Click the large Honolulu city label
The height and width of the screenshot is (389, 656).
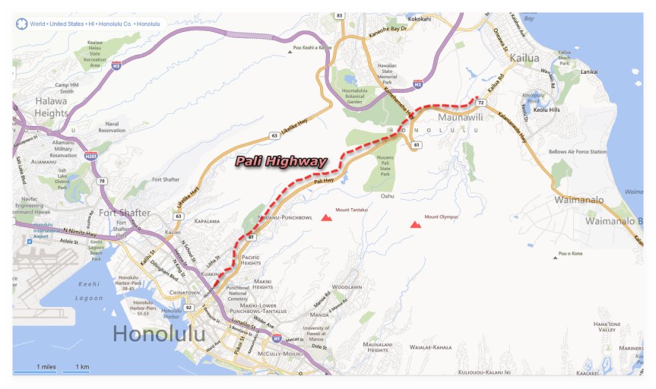tap(159, 334)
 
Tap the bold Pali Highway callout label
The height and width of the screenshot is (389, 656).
tap(280, 161)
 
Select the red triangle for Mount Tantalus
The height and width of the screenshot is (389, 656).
tap(326, 217)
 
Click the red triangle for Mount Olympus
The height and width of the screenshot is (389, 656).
tap(415, 224)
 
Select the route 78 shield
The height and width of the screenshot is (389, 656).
tap(101, 181)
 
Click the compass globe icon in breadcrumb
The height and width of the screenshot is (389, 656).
tap(21, 24)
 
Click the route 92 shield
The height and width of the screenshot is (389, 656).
tap(189, 308)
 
